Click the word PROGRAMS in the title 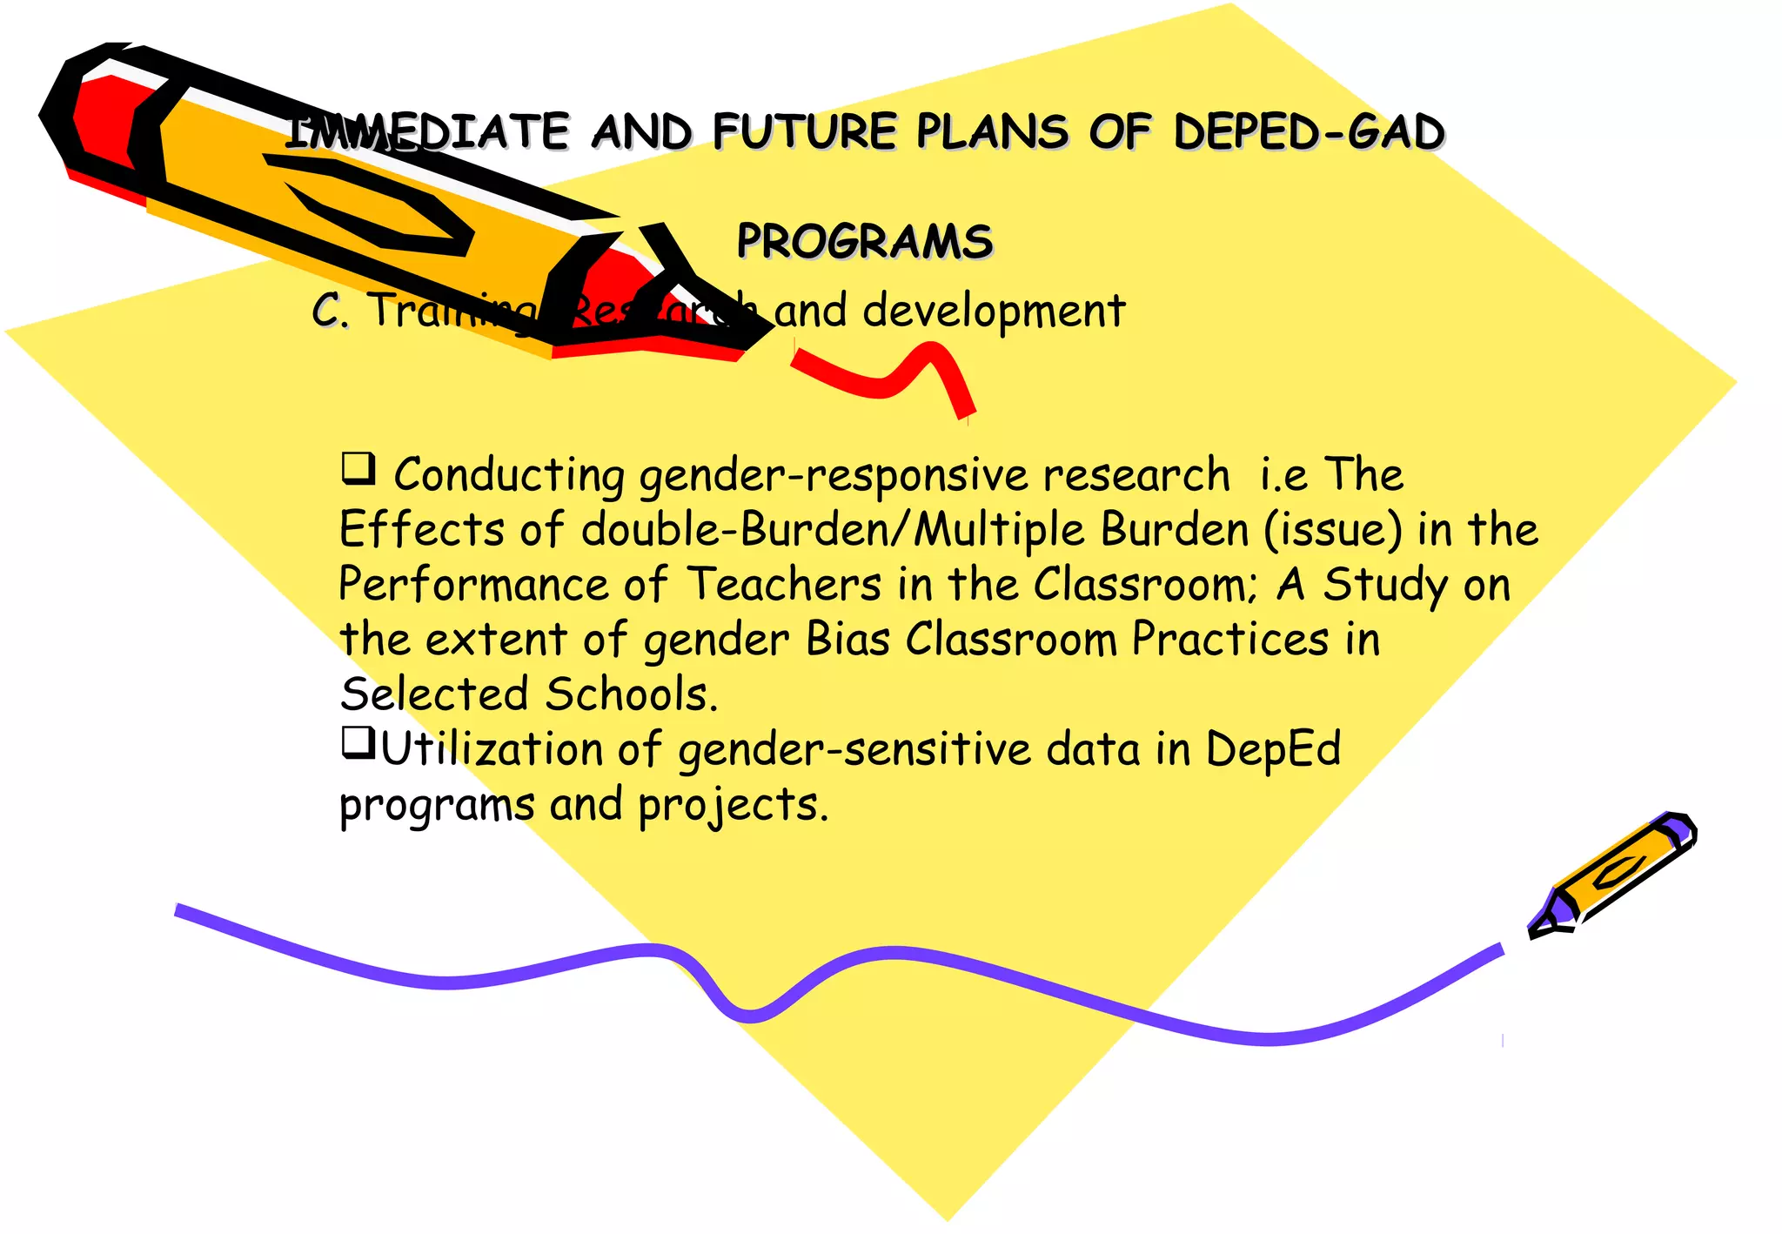point(864,241)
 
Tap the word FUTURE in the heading point(805,132)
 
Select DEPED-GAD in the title point(1309,132)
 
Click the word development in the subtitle point(994,311)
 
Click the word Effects point(421,530)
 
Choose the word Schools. point(632,694)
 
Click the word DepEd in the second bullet point(1272,750)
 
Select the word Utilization point(492,749)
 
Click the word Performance point(473,584)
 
